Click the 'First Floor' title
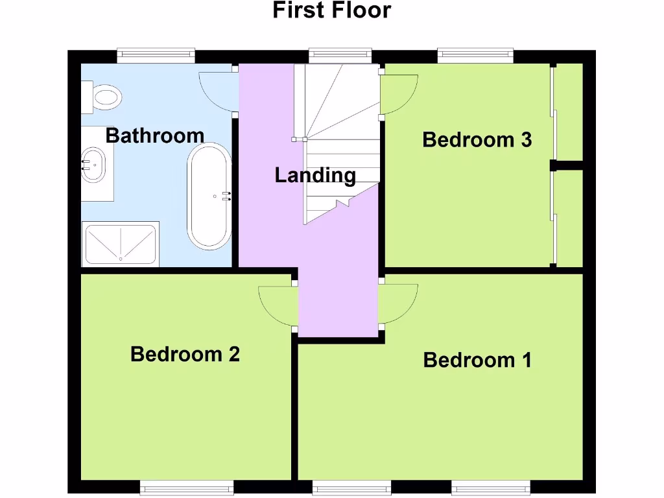tap(331, 11)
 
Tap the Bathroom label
tap(154, 136)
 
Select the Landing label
tap(315, 175)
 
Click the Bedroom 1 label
tap(477, 360)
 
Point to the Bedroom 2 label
tap(185, 354)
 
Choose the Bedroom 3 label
tap(477, 139)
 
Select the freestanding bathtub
tap(209, 196)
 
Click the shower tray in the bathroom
tap(120, 244)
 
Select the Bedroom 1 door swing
tap(397, 305)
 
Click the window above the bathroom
tap(156, 56)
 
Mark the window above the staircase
tap(340, 56)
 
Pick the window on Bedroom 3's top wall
tap(475, 56)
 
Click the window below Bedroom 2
tap(186, 487)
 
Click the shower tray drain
tap(121, 259)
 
